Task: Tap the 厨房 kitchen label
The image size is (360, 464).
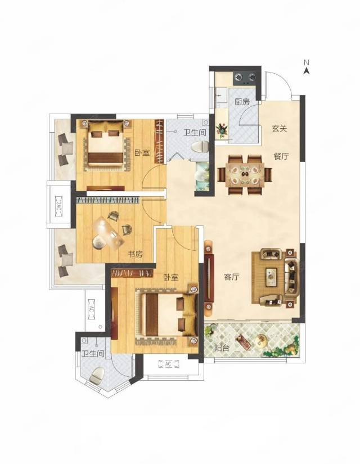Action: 242,102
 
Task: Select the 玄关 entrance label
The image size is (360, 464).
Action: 280,129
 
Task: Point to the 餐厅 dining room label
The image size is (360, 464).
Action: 281,156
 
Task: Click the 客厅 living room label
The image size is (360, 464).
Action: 232,277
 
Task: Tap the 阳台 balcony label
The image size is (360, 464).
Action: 222,348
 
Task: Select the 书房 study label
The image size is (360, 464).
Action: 136,254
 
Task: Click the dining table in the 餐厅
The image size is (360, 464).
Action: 245,174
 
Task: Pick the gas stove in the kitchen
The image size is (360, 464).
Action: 245,78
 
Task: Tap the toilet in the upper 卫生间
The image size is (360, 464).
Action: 200,147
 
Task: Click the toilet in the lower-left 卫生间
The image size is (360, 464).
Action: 97,376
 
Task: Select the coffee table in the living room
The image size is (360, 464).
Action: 271,277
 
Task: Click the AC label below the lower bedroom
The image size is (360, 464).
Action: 168,364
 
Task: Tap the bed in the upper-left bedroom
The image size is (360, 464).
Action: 106,145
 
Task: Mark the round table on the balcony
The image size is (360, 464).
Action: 261,339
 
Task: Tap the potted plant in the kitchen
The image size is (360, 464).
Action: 222,130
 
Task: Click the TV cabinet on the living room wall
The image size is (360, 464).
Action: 209,278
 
